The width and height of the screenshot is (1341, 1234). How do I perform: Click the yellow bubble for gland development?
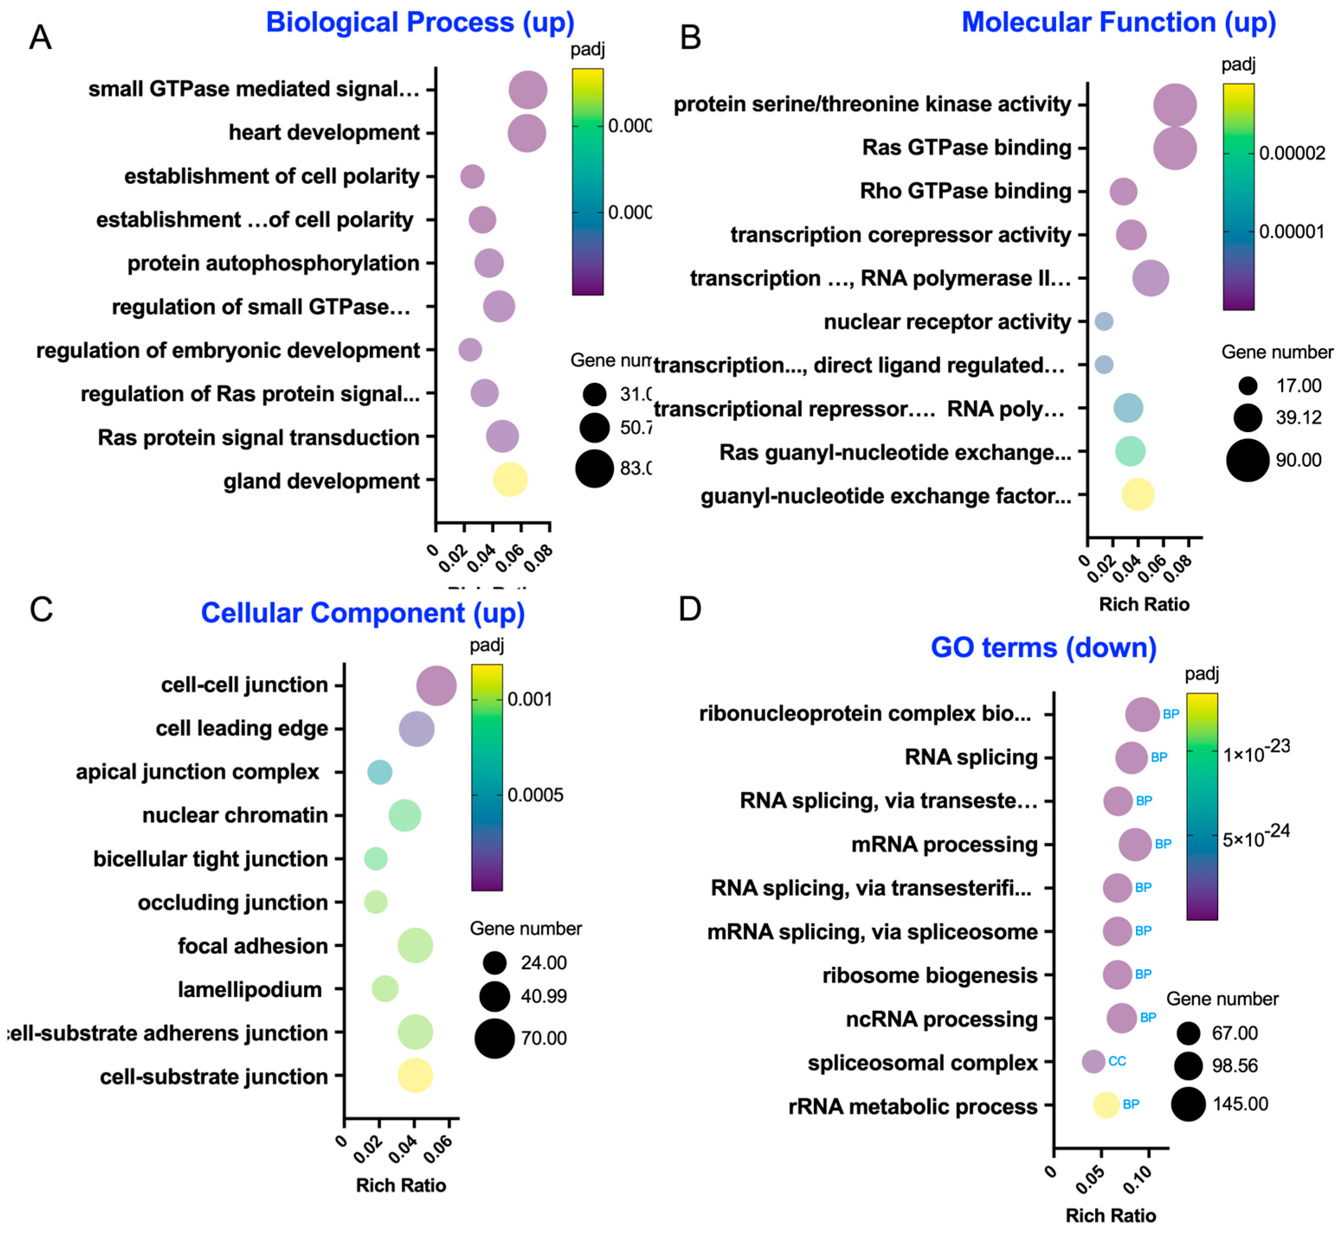[510, 479]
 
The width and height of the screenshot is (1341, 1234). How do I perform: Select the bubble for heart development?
[527, 133]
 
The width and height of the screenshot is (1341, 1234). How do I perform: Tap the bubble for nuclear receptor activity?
[1104, 321]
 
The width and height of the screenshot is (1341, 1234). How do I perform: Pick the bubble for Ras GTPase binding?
[1175, 148]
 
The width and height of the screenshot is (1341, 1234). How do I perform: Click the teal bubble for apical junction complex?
[379, 772]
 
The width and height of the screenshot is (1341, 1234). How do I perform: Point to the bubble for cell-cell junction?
[436, 685]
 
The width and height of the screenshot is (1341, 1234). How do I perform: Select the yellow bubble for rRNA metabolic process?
[1106, 1104]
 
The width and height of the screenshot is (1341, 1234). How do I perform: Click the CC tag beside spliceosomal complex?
[1117, 1061]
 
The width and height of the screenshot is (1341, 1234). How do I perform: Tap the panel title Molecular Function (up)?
[1119, 22]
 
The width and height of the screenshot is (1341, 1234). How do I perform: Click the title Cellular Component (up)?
[363, 613]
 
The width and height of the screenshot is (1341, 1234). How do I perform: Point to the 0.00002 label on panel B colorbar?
[1292, 154]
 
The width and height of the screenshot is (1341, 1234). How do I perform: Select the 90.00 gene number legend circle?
[1248, 460]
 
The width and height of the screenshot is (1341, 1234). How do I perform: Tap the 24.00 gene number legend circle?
[495, 963]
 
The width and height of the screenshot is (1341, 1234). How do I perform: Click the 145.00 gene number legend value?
[1240, 1104]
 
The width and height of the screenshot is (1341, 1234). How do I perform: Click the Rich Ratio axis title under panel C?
[401, 1185]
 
